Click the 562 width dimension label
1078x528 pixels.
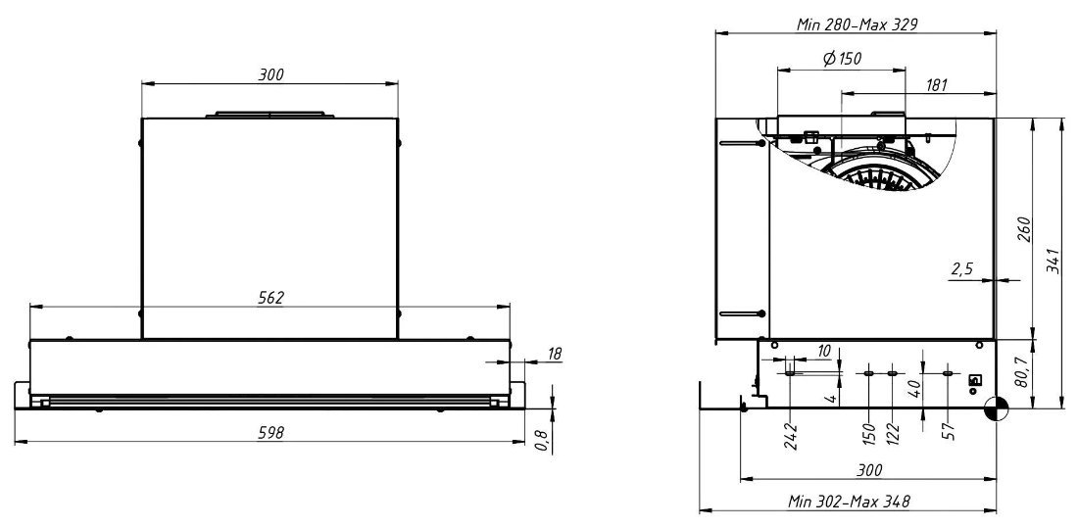(270, 298)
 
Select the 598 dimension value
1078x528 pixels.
(270, 432)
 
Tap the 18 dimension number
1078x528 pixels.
(555, 354)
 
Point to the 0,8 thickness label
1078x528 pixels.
(541, 442)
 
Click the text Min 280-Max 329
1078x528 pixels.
(857, 24)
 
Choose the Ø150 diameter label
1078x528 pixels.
(842, 59)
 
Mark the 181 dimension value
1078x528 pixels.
(936, 85)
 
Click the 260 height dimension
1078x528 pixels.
(1024, 229)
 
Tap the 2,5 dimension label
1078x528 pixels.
(961, 268)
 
